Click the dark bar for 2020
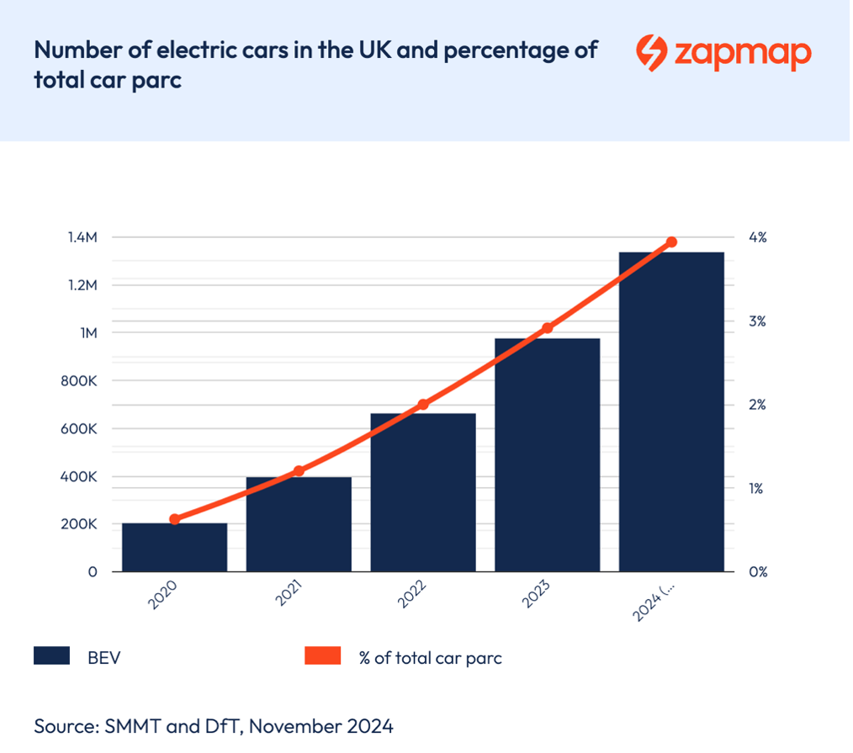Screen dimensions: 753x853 pos(174,547)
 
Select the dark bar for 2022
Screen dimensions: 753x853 pos(423,492)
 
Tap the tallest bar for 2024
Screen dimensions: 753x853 pos(671,412)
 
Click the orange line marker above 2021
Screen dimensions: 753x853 pos(299,470)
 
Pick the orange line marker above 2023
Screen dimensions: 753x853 pos(548,327)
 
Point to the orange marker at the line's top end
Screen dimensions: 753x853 pos(671,242)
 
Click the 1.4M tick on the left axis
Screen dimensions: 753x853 pos(82,237)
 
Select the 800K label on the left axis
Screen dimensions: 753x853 pos(80,381)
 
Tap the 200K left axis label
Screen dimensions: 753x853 pos(80,524)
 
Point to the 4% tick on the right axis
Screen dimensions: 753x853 pos(757,237)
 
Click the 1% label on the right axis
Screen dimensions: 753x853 pos(756,488)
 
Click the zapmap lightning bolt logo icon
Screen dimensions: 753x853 pos(649,52)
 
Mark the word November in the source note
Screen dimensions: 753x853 pos(309,725)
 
